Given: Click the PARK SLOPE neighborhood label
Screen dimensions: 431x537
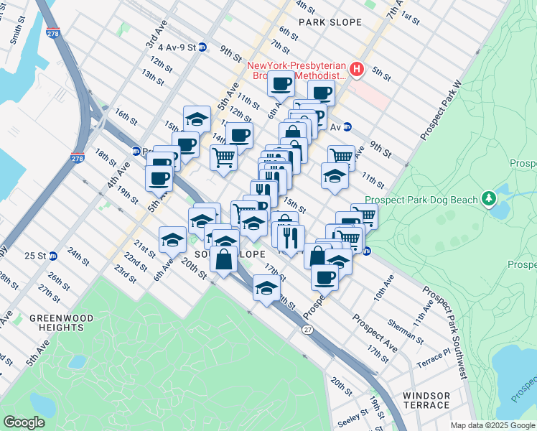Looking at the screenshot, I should click(330, 22).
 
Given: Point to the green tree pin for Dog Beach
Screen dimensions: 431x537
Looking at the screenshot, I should click(490, 197).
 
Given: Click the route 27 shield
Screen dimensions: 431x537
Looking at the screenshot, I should click(307, 330).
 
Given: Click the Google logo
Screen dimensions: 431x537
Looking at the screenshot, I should click(24, 422).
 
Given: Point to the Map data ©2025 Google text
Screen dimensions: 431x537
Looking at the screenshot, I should click(492, 425).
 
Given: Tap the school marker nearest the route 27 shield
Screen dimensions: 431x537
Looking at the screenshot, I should click(266, 289).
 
